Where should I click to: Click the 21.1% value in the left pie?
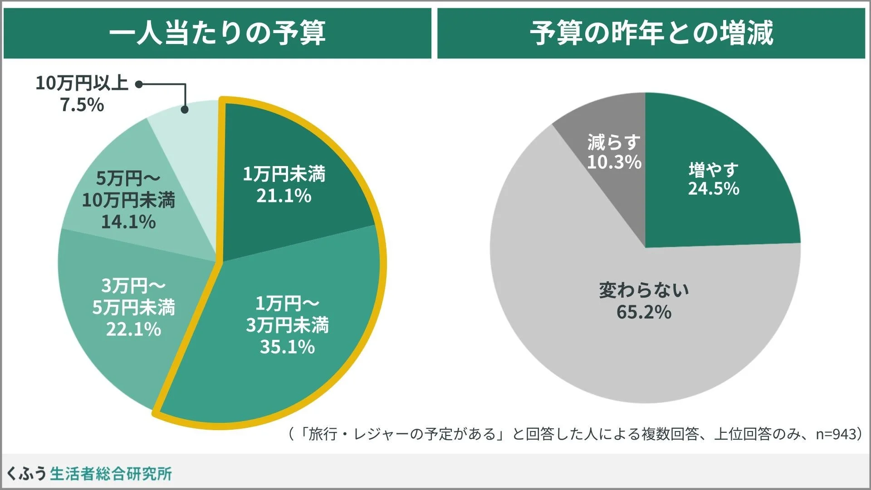(284, 196)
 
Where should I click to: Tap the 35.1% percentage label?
(287, 347)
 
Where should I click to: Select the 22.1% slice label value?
(133, 329)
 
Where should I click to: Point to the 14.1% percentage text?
(128, 222)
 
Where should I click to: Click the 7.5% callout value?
(82, 105)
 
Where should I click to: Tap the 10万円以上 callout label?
(82, 83)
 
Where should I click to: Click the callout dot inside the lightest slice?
(185, 109)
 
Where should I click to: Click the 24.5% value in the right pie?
(714, 189)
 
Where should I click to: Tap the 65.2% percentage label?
(644, 312)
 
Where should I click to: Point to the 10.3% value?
(614, 162)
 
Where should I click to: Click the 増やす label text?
(714, 170)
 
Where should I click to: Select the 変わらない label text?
(644, 290)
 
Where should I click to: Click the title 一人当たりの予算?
(217, 33)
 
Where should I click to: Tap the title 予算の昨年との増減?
(651, 33)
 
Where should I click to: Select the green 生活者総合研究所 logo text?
(111, 474)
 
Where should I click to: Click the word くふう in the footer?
(26, 474)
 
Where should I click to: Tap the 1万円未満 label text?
(284, 174)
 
